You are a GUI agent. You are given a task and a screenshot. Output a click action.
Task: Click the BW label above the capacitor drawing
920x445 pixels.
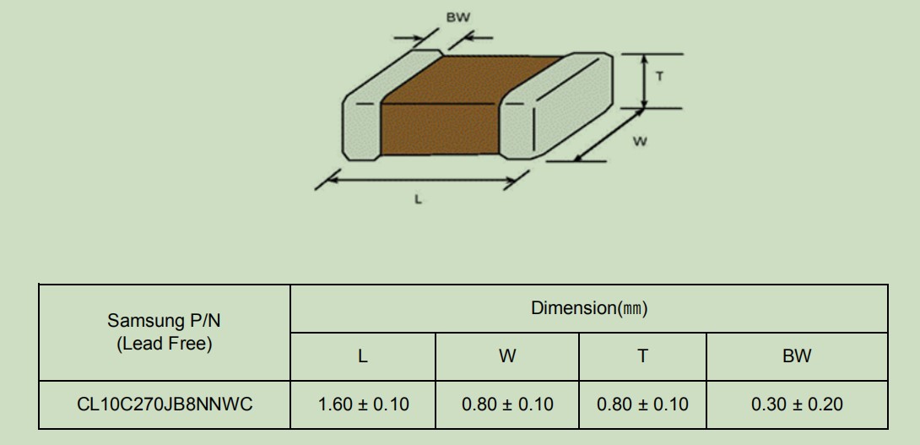pyautogui.click(x=458, y=18)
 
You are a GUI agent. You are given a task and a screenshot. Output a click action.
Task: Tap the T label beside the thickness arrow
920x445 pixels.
pyautogui.click(x=660, y=76)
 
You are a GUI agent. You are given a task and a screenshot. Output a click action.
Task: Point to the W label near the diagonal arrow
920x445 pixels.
pyautogui.click(x=640, y=142)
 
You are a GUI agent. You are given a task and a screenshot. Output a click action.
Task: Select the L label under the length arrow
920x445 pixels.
pyautogui.click(x=419, y=199)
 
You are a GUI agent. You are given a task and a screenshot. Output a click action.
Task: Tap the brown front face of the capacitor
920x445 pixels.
pyautogui.click(x=439, y=130)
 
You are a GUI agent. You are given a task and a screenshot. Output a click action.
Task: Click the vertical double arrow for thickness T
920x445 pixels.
pyautogui.click(x=644, y=81)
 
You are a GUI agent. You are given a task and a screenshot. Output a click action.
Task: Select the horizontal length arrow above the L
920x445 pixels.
pyautogui.click(x=421, y=180)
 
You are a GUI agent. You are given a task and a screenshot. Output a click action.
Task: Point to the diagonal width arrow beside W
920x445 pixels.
pyautogui.click(x=609, y=134)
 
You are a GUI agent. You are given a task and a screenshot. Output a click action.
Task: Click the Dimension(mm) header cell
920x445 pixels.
pyautogui.click(x=589, y=308)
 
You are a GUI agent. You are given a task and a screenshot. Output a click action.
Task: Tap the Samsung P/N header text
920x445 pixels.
pyautogui.click(x=165, y=321)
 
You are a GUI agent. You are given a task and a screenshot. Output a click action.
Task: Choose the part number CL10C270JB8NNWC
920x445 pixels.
pyautogui.click(x=165, y=404)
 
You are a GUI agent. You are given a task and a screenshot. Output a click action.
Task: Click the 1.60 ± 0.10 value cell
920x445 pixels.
pyautogui.click(x=363, y=404)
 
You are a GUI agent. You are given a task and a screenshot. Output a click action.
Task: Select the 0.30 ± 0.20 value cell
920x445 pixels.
pyautogui.click(x=797, y=404)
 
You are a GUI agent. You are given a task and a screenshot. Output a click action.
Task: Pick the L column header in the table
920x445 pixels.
pyautogui.click(x=363, y=355)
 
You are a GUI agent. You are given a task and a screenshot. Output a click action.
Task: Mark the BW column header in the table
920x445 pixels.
pyautogui.click(x=797, y=355)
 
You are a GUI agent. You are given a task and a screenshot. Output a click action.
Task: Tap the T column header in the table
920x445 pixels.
pyautogui.click(x=643, y=355)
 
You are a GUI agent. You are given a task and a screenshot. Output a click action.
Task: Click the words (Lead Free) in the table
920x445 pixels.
pyautogui.click(x=165, y=344)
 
